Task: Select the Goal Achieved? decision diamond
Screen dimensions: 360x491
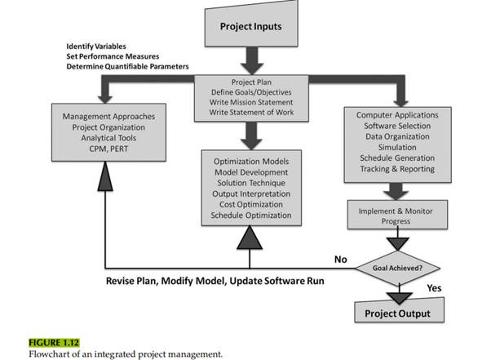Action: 397,266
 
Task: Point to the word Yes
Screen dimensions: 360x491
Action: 434,287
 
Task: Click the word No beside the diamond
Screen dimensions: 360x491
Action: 341,260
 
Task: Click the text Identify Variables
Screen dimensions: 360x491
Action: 102,46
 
